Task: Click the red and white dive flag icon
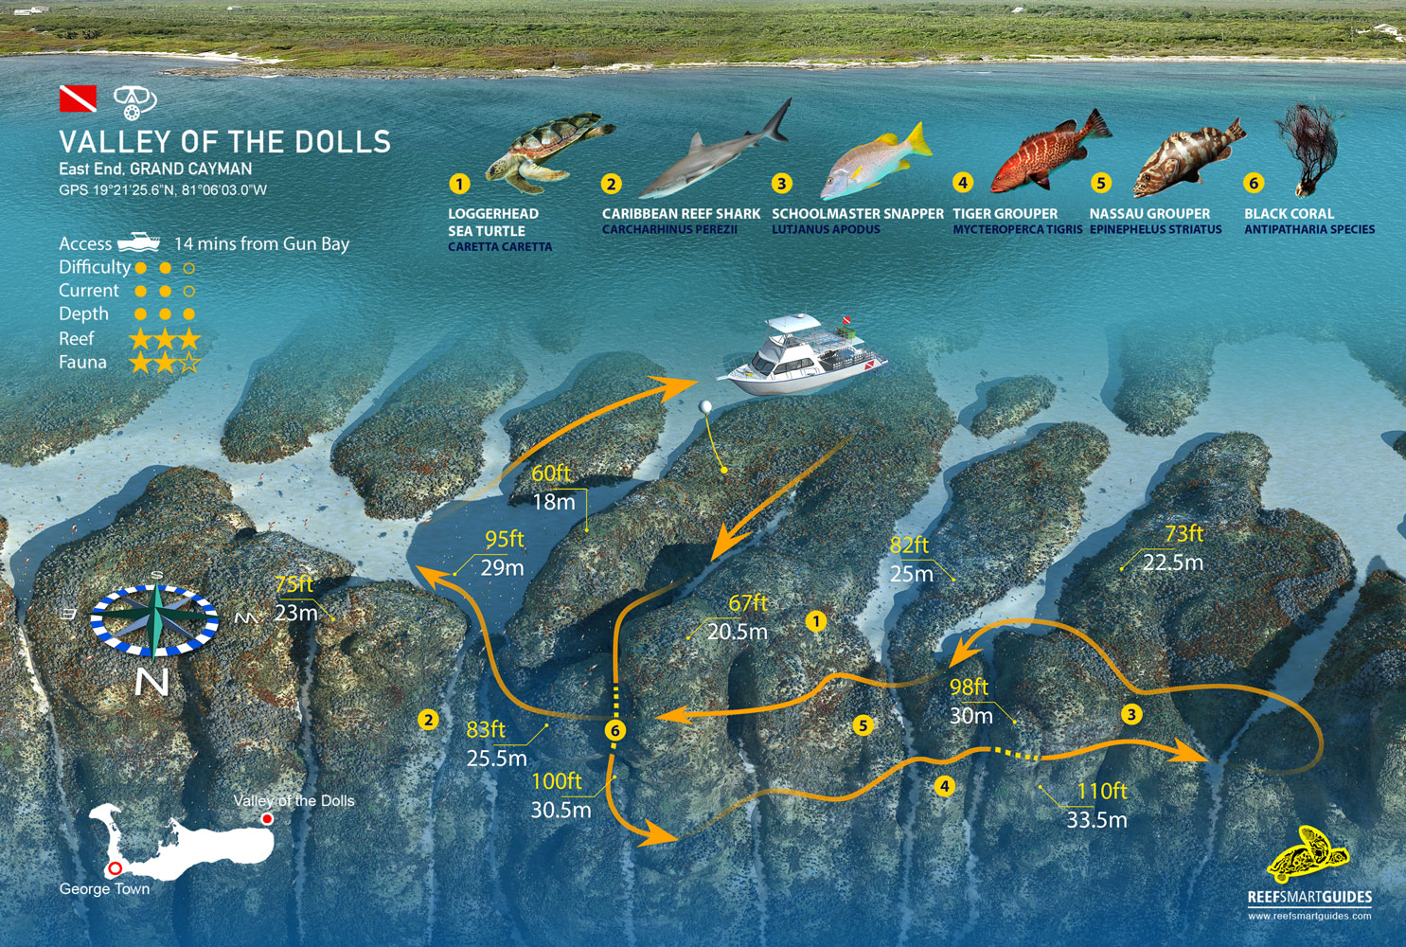pos(78,98)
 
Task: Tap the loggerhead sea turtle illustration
pos(549,152)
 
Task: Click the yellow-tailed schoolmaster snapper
pos(876,162)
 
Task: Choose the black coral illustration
pos(1308,151)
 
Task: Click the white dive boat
pos(802,357)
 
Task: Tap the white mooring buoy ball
pos(705,407)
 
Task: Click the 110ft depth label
pos(1102,792)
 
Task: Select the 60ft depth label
pos(550,473)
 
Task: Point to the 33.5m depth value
pos(1096,820)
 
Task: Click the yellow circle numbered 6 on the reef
pos(615,730)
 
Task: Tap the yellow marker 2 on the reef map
pos(428,720)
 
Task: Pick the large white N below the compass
pos(151,682)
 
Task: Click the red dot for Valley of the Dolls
pos(267,819)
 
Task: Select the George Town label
pos(104,889)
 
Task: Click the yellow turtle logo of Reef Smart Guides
pos(1308,855)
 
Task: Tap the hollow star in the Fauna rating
pos(189,363)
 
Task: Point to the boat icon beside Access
pos(139,242)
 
